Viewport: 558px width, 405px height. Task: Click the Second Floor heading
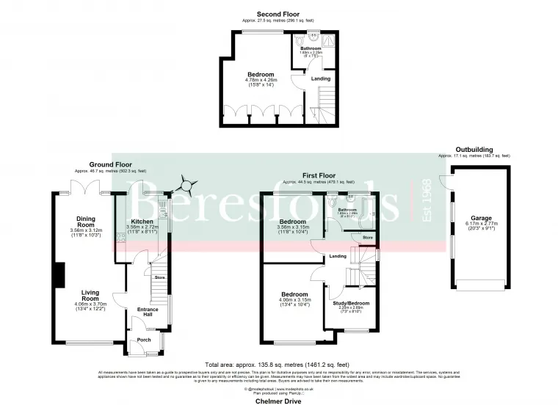coord(278,14)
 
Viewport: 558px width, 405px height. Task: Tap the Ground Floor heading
coord(111,164)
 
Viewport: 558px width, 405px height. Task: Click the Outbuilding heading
coord(474,150)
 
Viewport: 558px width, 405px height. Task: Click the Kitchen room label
coord(142,221)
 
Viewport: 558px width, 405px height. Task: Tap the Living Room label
coord(90,295)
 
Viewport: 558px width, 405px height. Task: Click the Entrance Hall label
coord(148,312)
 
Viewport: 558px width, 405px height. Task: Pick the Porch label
coord(144,339)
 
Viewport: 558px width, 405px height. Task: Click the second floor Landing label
coord(321,79)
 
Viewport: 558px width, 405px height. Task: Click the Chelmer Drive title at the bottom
coord(279,401)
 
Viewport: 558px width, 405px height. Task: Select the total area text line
coord(279,365)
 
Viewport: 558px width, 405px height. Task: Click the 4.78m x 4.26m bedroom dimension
coord(261,81)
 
